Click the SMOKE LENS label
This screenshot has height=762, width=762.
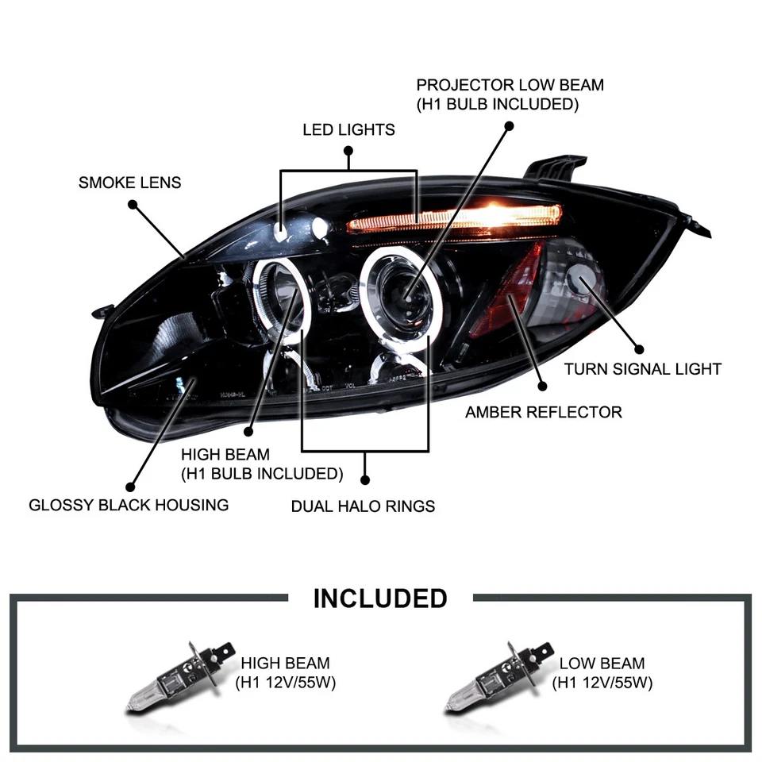129,183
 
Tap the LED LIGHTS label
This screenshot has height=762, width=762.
348,129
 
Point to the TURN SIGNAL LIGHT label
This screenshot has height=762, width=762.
642,368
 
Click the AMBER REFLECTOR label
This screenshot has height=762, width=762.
543,412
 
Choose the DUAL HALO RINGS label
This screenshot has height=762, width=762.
363,506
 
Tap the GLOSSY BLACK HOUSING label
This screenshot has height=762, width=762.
129,504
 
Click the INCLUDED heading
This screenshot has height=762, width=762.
380,598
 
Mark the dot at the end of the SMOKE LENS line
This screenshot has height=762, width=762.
133,204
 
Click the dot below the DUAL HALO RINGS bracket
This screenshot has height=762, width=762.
365,479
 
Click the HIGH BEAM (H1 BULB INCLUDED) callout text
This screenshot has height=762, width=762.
262,464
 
